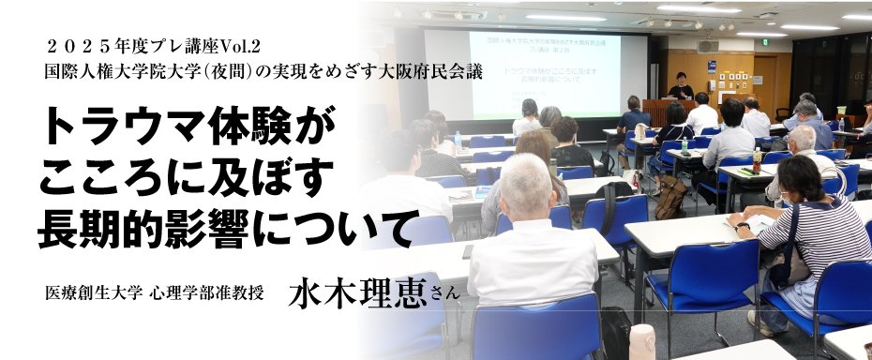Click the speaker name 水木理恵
click(357, 292)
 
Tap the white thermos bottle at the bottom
click(641, 342)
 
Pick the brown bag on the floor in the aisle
click(669, 197)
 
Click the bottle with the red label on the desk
click(757, 160)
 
